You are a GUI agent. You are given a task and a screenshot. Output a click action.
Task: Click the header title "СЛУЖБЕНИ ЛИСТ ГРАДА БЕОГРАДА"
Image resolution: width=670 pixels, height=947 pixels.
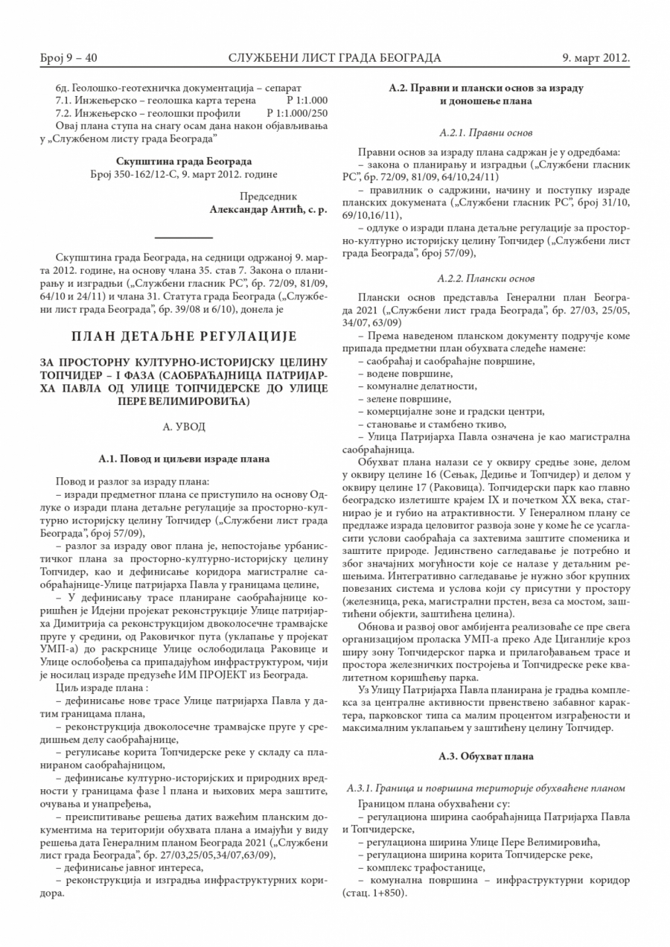point(335,58)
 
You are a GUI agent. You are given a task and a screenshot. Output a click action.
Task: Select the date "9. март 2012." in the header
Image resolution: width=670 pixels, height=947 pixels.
point(596,58)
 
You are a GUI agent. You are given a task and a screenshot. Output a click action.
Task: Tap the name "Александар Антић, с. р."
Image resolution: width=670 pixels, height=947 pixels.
point(269,210)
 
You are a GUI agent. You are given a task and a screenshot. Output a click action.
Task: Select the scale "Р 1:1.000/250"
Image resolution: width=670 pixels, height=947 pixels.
point(296,113)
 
